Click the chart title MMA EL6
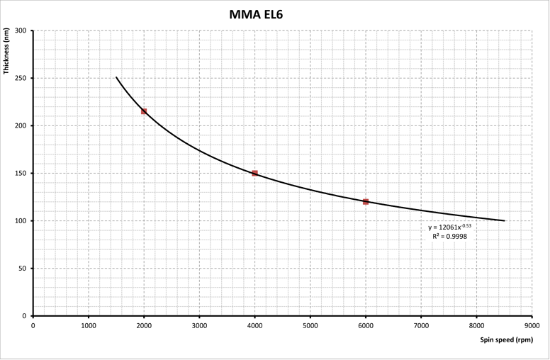click(256, 14)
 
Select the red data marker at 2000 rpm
click(144, 111)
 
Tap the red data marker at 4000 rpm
click(255, 174)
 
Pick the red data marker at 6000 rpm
click(366, 202)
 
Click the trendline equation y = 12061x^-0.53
click(449, 227)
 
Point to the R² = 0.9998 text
click(449, 237)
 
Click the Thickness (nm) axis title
click(6, 51)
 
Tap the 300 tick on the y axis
click(21, 30)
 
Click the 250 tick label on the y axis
click(21, 78)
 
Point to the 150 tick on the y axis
click(21, 174)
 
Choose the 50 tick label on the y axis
click(23, 269)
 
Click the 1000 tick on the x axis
click(89, 326)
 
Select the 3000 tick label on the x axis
click(199, 326)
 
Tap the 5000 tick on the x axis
click(310, 326)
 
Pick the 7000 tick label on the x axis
click(421, 326)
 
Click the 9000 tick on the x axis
click(532, 326)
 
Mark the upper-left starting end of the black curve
click(116, 77)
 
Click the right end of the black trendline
click(504, 220)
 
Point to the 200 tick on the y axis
click(21, 125)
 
